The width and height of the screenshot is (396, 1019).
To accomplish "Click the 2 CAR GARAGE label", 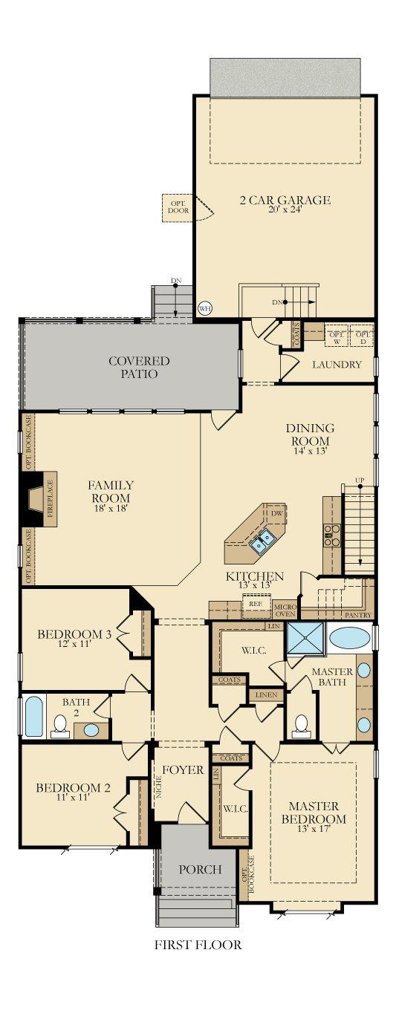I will point(285,200).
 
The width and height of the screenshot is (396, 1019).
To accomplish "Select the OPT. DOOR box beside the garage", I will point(178,206).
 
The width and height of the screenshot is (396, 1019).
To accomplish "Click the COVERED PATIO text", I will point(139,367).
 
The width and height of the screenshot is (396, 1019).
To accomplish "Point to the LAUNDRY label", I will point(337,365).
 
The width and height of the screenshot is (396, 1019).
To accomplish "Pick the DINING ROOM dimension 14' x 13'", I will point(310,450).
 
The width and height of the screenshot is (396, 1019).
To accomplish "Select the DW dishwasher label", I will point(276,513).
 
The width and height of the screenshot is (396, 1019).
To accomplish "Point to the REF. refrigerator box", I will point(256,605).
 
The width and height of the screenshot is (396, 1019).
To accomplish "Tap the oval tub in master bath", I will point(349,639).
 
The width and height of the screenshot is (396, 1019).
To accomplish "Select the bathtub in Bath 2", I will point(33,717).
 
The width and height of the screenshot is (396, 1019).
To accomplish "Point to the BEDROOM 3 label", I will point(74,639).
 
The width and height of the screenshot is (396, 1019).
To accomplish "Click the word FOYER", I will point(183,770).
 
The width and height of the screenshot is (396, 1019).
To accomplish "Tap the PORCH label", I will point(200,869).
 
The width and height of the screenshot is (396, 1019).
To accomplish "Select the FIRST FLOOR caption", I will point(198,945).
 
